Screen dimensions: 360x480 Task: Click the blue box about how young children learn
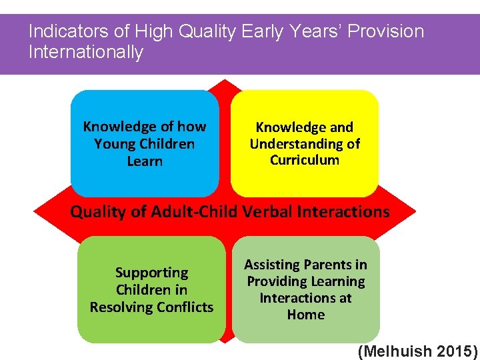point(145,143)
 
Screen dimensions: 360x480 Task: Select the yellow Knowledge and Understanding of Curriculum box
point(305,143)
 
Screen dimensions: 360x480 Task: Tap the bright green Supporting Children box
point(151,290)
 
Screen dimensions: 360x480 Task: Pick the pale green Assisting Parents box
point(306,290)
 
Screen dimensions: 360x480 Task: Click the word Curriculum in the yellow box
point(305,160)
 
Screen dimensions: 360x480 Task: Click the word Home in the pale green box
point(305,314)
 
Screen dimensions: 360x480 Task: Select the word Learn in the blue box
point(145,161)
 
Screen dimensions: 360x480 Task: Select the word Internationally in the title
point(86,52)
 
